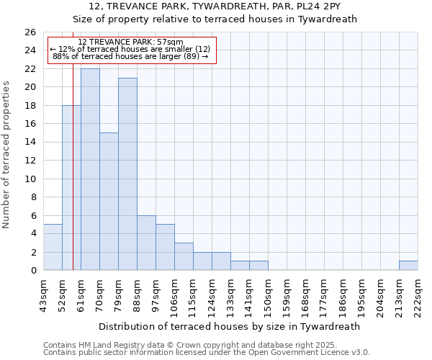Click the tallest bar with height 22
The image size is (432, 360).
(x=90, y=169)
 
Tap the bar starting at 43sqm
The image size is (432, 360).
(x=53, y=247)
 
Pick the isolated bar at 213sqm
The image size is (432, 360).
(x=408, y=265)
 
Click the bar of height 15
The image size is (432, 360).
(x=109, y=202)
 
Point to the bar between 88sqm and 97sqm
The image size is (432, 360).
(x=146, y=243)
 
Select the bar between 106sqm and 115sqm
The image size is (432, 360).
(x=184, y=256)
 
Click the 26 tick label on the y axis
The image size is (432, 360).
(x=30, y=32)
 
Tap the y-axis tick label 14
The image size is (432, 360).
(x=30, y=143)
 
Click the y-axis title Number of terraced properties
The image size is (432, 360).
(x=6, y=155)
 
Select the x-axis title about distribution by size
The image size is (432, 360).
(x=230, y=326)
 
